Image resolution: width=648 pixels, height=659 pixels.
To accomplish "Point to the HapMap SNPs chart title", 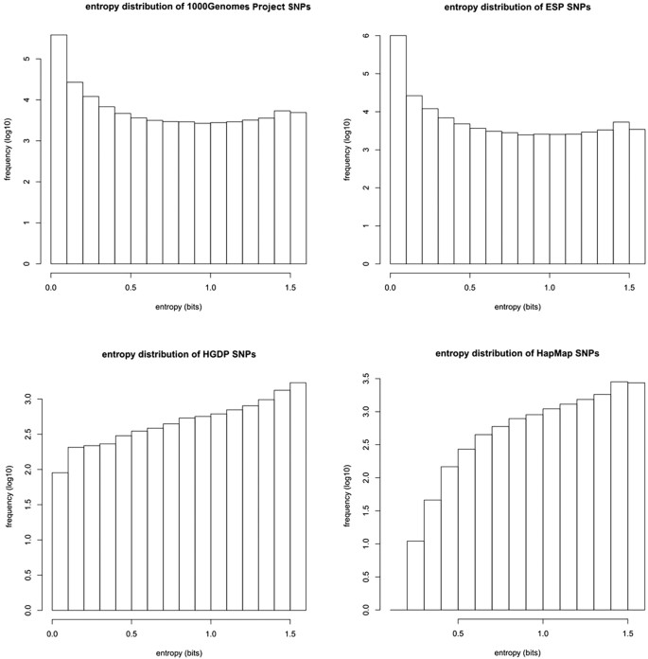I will [x=513, y=355].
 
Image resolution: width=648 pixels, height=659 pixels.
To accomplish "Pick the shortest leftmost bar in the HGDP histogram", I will [x=59, y=541].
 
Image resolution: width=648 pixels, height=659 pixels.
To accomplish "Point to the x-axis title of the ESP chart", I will [x=513, y=308].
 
